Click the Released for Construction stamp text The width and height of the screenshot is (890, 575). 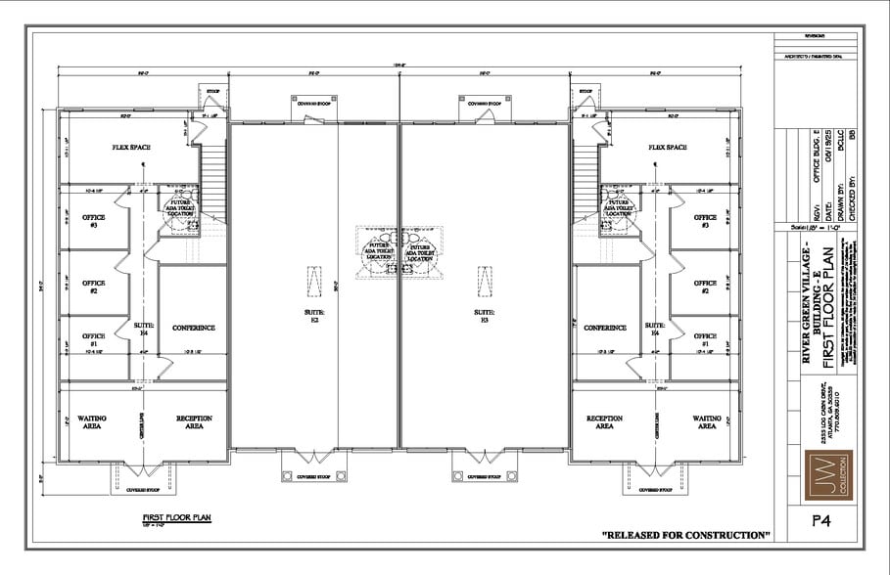click(x=686, y=535)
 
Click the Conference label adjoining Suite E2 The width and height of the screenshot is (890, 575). click(x=193, y=328)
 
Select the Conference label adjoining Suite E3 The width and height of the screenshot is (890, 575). click(x=604, y=328)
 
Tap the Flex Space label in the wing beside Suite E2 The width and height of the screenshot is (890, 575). click(x=131, y=148)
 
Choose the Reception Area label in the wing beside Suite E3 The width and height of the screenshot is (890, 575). click(x=604, y=421)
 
